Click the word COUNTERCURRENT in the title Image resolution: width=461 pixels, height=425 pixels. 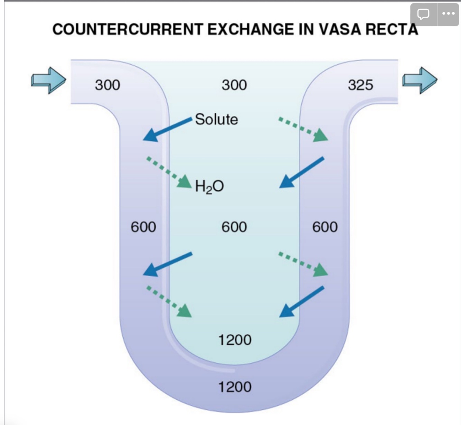127,29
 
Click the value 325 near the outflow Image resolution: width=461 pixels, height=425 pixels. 360,85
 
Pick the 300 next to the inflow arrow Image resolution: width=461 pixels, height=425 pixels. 107,85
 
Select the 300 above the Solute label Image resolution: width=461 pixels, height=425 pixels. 234,85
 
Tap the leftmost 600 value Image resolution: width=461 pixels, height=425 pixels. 143,227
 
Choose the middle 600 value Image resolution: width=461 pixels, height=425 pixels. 234,227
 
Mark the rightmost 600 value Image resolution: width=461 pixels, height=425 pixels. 325,227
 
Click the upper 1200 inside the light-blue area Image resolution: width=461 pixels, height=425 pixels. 235,340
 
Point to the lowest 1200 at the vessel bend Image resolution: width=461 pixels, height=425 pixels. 235,387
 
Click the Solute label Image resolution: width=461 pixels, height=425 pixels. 216,119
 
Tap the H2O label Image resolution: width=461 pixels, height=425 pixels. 209,186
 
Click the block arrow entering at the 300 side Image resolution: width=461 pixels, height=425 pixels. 48,80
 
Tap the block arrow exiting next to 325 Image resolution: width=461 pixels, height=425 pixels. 420,80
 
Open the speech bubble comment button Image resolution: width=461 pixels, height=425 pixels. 423,14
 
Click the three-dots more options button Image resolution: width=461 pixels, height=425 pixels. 448,14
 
